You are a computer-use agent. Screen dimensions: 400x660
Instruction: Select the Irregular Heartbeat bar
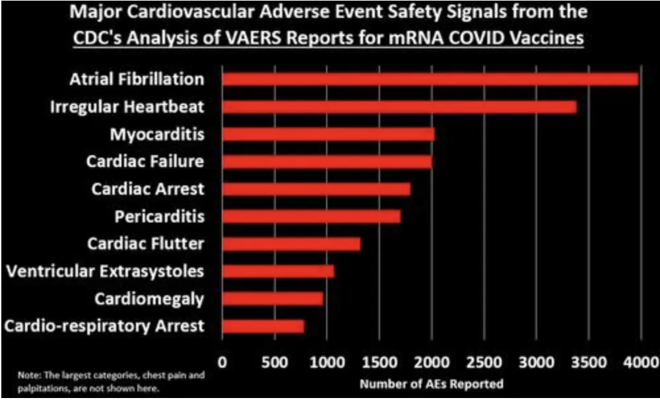click(x=399, y=107)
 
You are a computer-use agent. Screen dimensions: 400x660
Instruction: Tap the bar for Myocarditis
click(x=328, y=135)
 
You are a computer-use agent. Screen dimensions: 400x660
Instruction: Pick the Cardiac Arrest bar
click(x=316, y=189)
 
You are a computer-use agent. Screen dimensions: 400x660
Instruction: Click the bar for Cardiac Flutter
click(x=291, y=244)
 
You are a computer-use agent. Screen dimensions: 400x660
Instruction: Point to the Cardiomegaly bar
click(x=273, y=298)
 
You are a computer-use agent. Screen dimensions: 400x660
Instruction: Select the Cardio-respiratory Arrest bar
click(x=263, y=326)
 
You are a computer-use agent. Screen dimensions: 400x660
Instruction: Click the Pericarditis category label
click(x=159, y=217)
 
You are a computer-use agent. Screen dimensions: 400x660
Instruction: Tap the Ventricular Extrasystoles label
click(x=104, y=271)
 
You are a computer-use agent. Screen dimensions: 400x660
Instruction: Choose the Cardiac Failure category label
click(x=145, y=161)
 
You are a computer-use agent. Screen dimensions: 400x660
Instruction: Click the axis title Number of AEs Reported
click(x=430, y=383)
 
